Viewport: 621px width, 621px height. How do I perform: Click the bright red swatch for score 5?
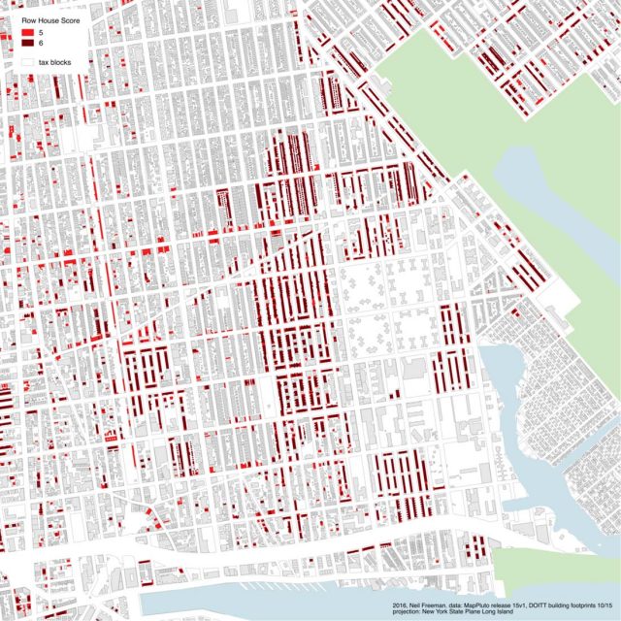(27, 33)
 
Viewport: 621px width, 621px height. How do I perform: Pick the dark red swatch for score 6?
(27, 44)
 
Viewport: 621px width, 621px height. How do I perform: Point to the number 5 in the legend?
(40, 33)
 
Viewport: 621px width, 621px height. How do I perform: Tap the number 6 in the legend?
(40, 44)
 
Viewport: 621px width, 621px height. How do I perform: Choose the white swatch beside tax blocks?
(27, 61)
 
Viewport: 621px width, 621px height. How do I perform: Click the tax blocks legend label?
(54, 61)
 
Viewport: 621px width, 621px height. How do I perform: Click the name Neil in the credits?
(417, 606)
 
